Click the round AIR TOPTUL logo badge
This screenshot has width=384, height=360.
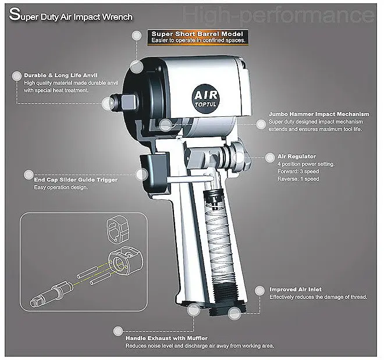coord(206,99)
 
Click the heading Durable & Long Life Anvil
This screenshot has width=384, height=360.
coord(61,76)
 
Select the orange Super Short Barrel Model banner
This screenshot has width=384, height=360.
coord(198,37)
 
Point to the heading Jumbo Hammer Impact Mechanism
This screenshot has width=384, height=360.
coord(319,114)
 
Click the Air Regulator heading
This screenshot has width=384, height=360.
coord(297,156)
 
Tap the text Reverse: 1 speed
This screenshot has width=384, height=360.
coord(298,179)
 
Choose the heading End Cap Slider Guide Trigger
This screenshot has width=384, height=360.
coord(76,180)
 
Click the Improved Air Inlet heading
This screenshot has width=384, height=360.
coord(296,290)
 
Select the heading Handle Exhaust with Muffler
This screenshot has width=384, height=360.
coord(166,338)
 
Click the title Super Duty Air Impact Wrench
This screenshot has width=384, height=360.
coord(71,15)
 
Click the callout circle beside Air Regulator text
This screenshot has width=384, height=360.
coord(270,158)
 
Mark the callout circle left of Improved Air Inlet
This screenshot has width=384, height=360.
coord(259,291)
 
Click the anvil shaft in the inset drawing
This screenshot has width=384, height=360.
coord(52,294)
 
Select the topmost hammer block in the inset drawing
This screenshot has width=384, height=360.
coord(118,229)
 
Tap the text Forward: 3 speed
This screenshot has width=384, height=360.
coord(298,172)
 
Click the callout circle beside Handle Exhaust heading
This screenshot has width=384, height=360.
coord(118,331)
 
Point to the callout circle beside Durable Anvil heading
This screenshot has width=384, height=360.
coord(17,76)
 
